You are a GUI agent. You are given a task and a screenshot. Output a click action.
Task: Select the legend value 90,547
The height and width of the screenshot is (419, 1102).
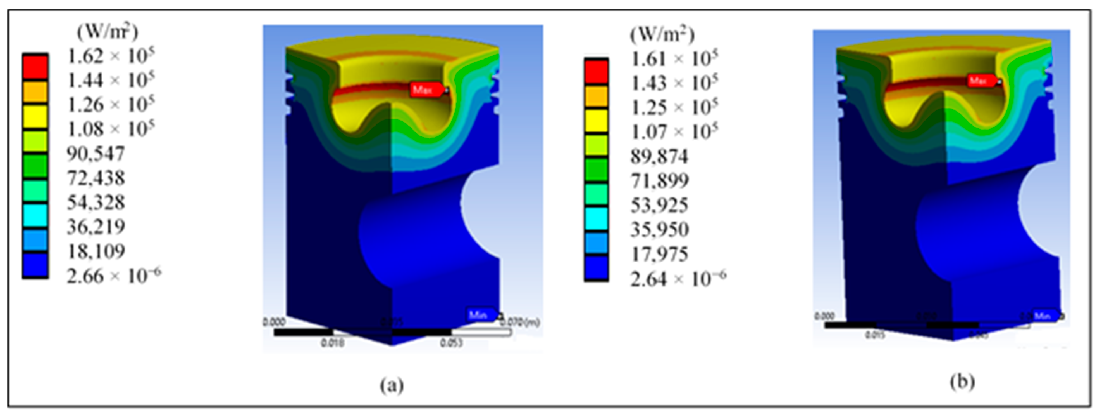96,153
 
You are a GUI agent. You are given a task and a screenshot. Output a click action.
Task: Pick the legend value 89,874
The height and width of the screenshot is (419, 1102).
659,157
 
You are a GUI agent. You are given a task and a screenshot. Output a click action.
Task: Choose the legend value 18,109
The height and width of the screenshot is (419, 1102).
96,251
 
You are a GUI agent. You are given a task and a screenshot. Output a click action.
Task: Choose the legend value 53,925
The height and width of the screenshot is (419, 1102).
659,206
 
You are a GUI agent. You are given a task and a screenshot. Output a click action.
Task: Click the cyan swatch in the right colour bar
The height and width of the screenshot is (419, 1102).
596,218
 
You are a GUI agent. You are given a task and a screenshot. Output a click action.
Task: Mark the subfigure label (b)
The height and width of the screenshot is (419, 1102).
963,381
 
